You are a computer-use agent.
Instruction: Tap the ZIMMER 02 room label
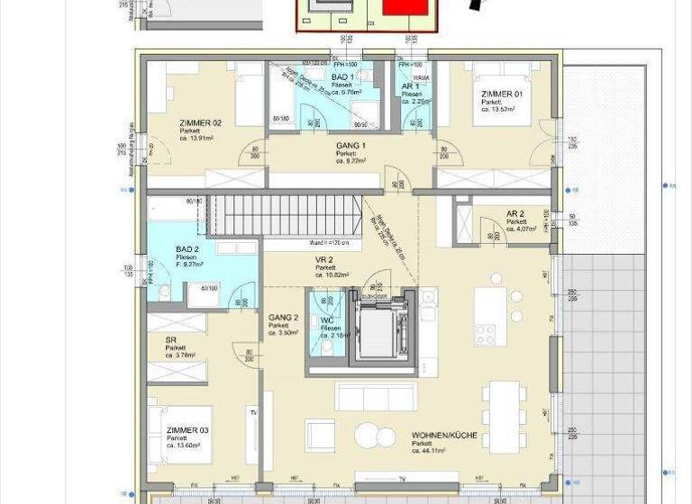(201, 123)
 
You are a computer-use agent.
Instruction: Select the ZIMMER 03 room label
(187, 430)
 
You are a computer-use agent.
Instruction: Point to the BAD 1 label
(342, 79)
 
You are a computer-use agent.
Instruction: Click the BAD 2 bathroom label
(187, 249)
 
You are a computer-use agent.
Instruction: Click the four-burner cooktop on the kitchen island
(486, 335)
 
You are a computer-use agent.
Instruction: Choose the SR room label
(171, 340)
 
